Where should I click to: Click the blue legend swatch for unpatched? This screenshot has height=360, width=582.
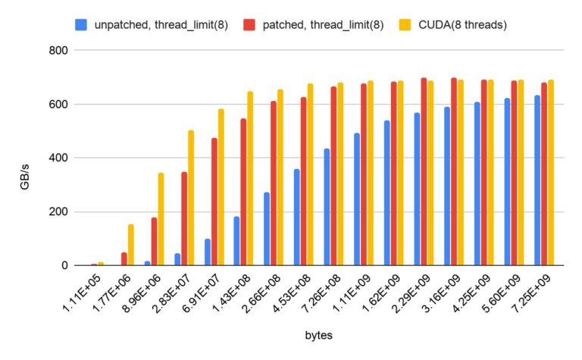pos(81,24)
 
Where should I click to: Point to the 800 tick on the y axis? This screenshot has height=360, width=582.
pos(58,50)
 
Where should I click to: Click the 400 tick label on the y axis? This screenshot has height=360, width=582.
pos(58,158)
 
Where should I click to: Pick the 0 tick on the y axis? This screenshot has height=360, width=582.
pos(65,265)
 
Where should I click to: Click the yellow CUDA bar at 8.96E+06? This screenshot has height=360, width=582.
pos(161,219)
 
